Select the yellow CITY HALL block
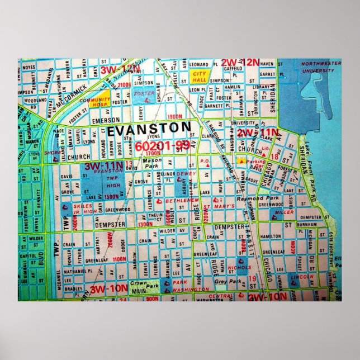[200, 76]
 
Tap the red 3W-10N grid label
[108, 289]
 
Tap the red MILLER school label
[285, 212]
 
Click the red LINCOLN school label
[303, 278]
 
